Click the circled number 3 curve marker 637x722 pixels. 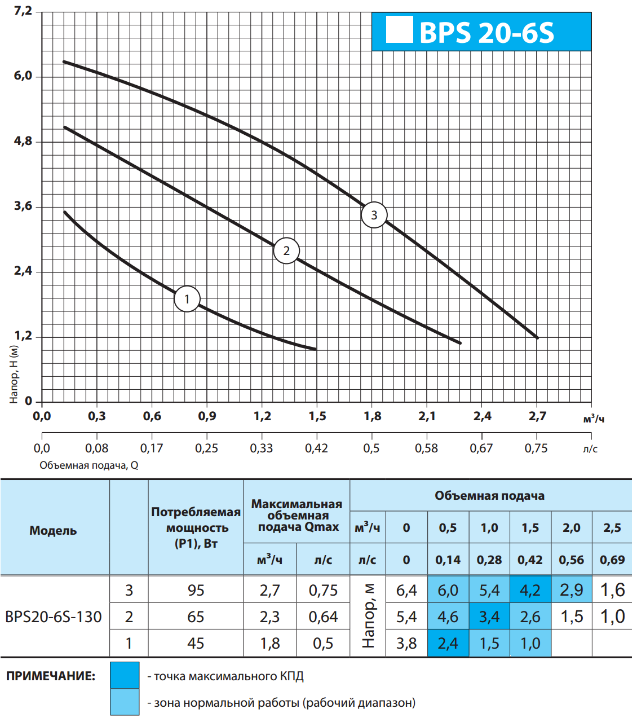pos(374,215)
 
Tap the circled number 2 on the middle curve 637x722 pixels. pos(286,251)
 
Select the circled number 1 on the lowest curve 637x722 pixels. pos(187,299)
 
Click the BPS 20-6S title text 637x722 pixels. pos(487,33)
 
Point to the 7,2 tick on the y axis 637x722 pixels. pos(23,11)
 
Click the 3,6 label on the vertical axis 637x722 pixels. pos(23,206)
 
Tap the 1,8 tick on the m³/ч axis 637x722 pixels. pos(372,416)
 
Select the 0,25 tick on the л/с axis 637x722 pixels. pos(206,448)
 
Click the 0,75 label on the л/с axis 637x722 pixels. pos(536,448)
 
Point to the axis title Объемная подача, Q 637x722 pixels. pos(89,465)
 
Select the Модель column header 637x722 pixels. pos(53,530)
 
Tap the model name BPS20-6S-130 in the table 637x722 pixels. pos(54,617)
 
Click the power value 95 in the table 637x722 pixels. pos(196,590)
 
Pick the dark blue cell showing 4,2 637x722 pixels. pos(530,590)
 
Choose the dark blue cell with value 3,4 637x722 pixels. pos(489,617)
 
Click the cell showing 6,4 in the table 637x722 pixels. pos(406,590)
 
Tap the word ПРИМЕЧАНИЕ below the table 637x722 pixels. pos(51,676)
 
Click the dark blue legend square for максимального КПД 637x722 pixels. pos(125,676)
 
